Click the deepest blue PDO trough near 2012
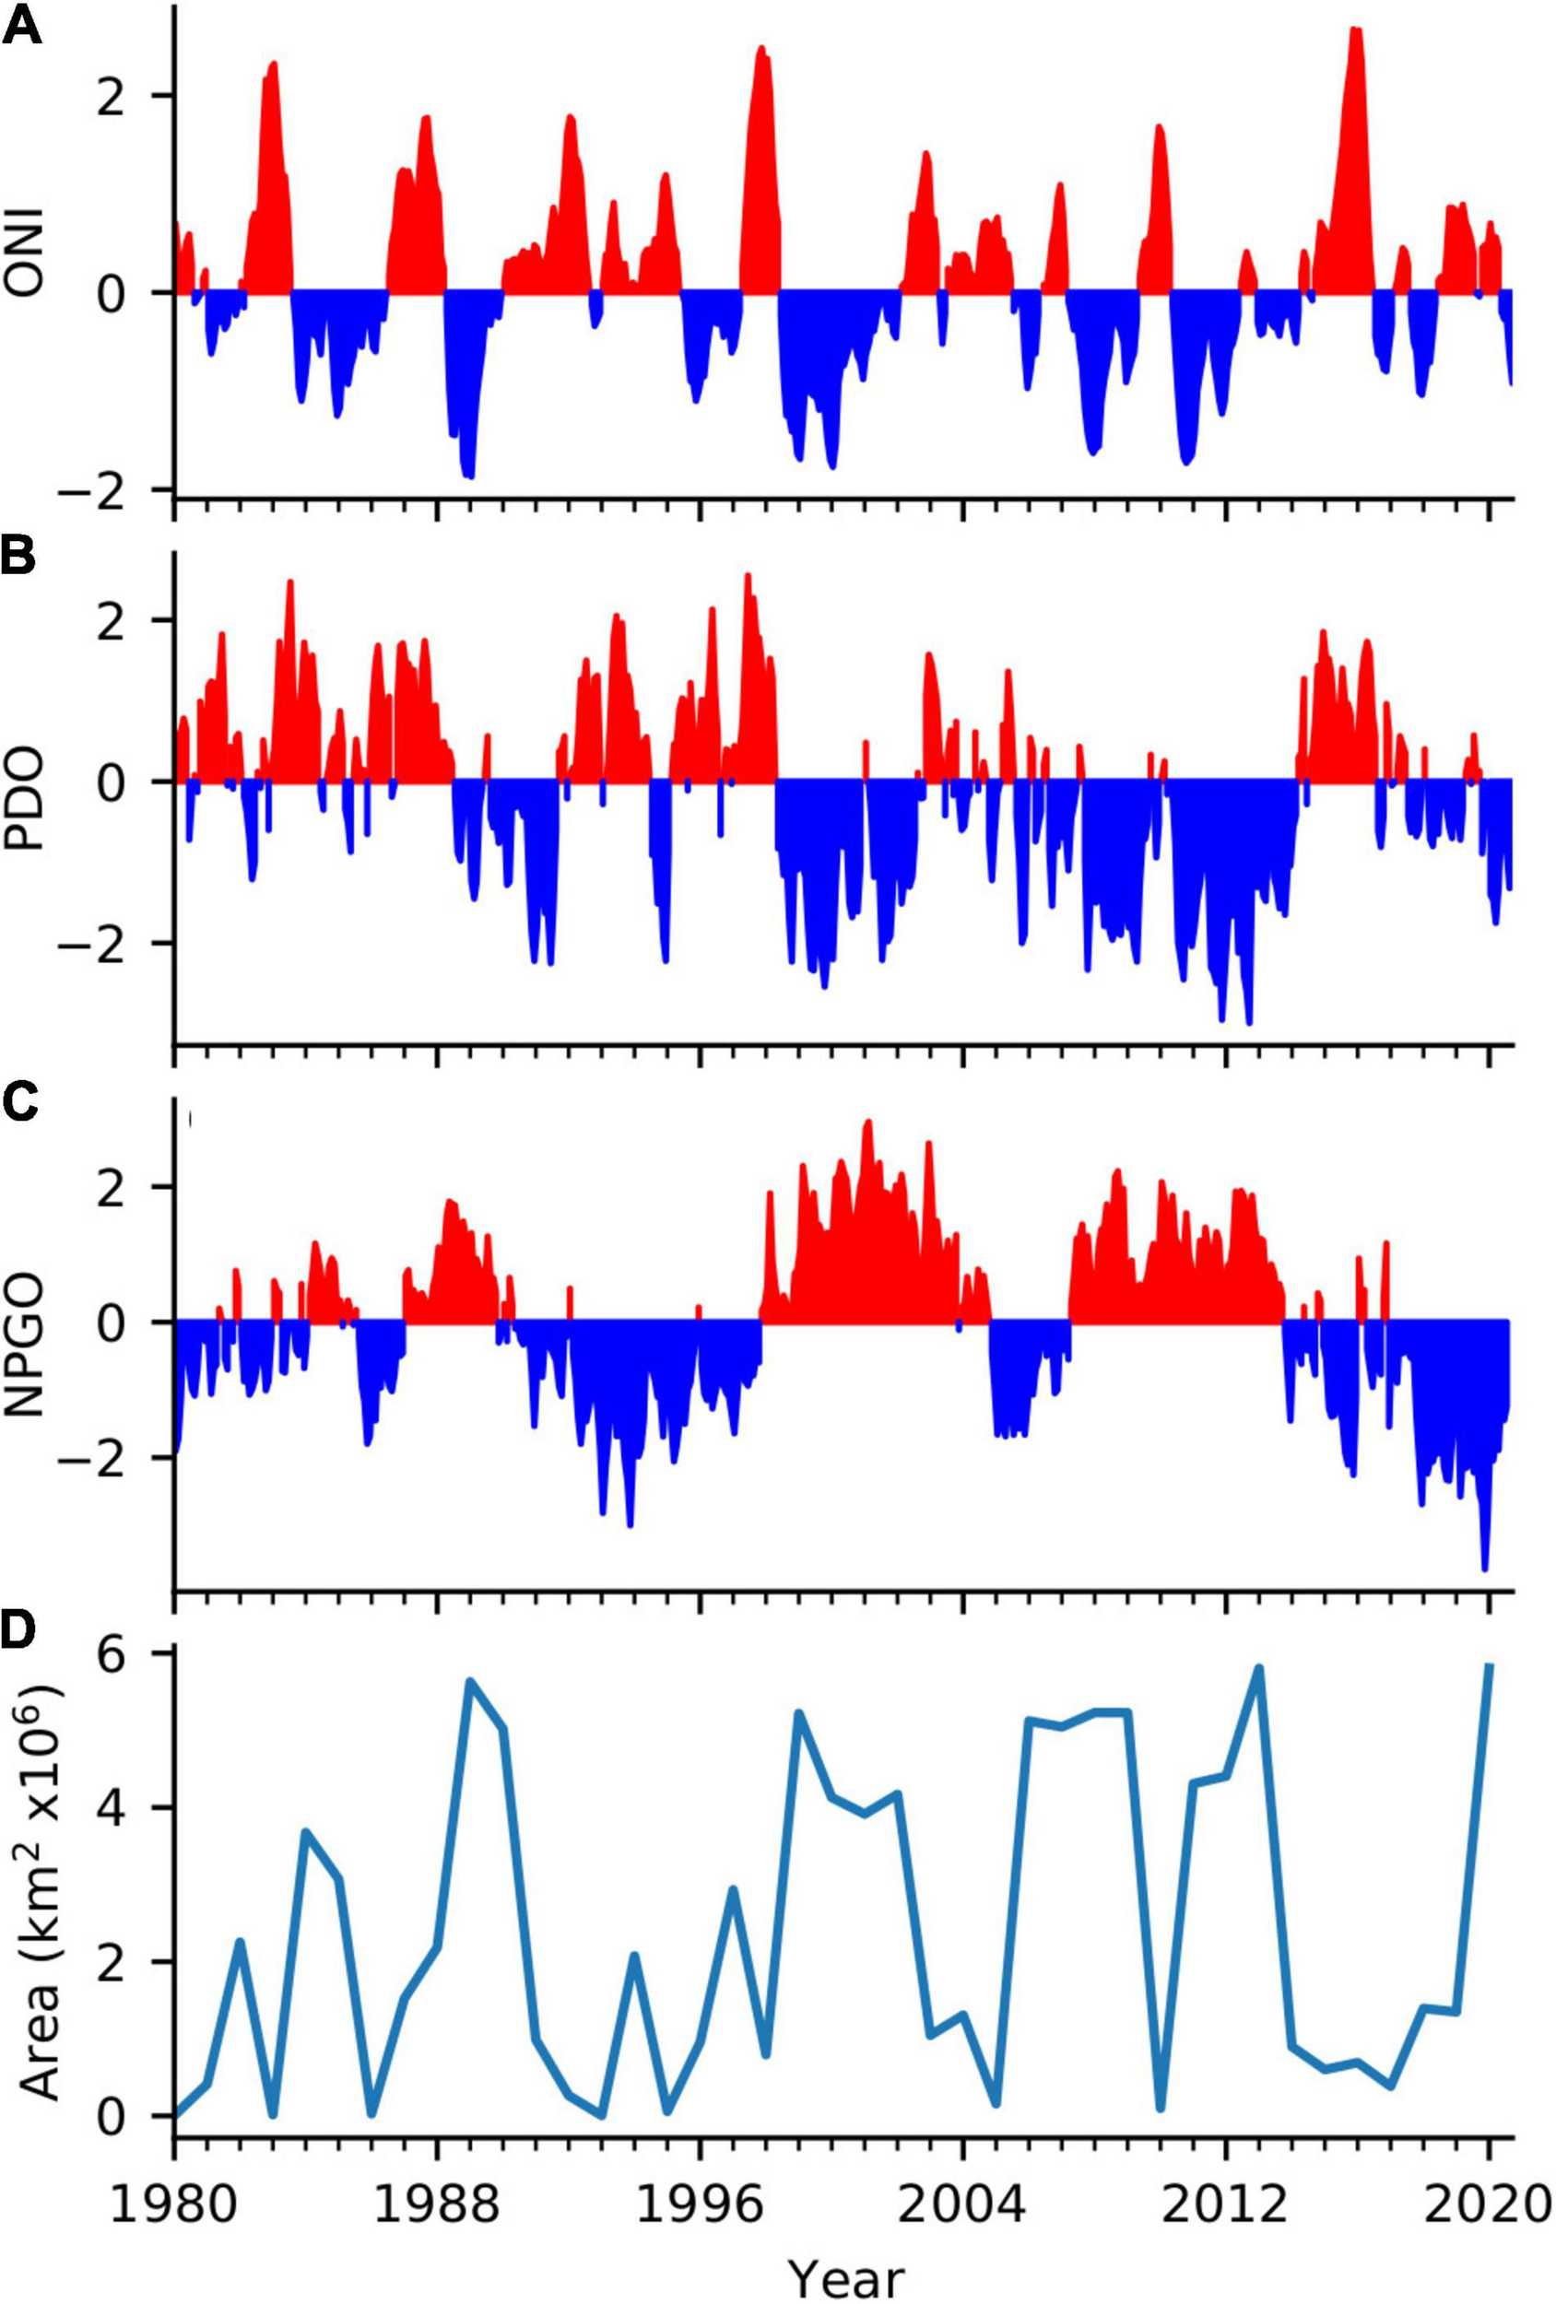(1248, 1021)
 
